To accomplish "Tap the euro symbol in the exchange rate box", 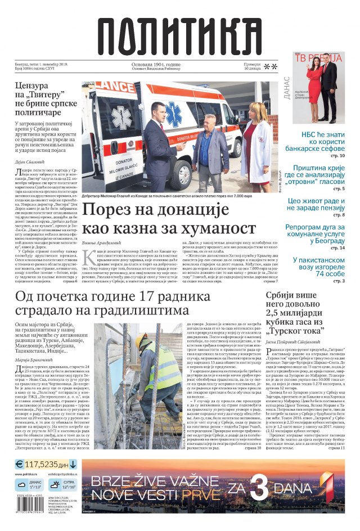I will [19, 465].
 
